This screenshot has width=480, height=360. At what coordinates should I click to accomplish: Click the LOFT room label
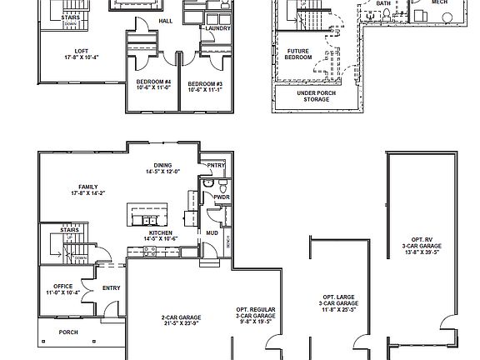coord(81,52)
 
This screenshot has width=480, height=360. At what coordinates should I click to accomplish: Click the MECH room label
coord(439,2)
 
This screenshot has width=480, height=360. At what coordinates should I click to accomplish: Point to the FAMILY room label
coord(88,187)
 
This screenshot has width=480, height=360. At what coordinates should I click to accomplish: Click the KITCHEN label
coord(160,232)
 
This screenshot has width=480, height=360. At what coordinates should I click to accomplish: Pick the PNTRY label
coord(216,165)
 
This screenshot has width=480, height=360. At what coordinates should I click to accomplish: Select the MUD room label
coord(212,232)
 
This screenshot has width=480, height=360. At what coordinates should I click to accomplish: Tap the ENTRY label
coord(111,289)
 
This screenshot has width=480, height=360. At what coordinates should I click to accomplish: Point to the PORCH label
coord(68,331)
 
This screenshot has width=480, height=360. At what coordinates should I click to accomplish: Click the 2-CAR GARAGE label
coord(180,320)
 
